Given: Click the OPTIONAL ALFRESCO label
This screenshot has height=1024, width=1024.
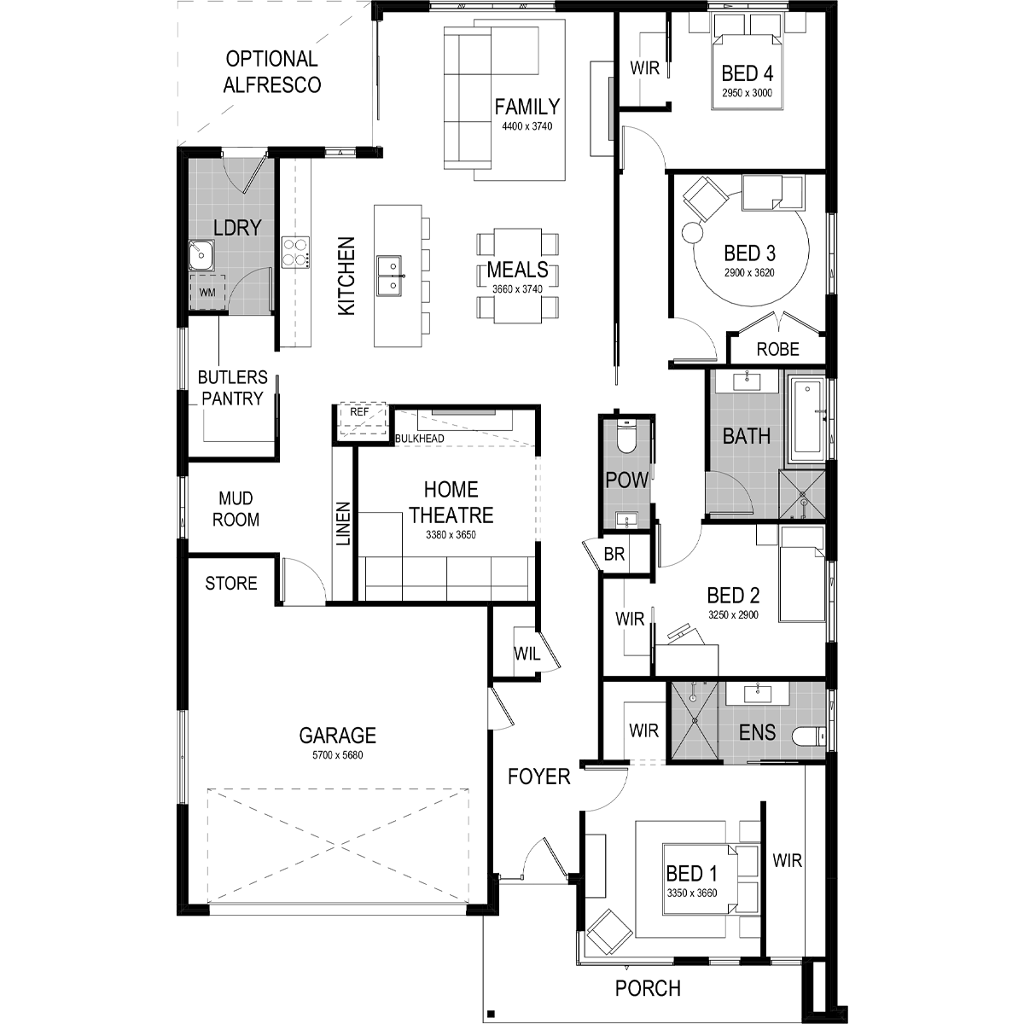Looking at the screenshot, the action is coord(271,72).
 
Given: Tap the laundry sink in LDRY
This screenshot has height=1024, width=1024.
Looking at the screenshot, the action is coord(201,255).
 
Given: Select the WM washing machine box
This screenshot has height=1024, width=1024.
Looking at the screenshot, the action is coord(207,292).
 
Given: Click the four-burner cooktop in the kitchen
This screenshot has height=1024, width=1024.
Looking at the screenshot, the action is coord(295,252).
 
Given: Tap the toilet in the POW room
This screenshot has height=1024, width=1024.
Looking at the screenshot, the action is coord(627,437).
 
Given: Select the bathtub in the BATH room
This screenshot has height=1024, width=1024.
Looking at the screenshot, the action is coord(807,419).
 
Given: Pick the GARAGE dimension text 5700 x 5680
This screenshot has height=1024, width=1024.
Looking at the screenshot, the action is coord(337,755).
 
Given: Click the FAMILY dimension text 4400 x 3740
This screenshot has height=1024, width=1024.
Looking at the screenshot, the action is coord(527,126).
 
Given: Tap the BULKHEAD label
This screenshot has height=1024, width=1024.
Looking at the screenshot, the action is coord(420,439).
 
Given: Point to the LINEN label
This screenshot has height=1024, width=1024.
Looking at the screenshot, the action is coord(343,523).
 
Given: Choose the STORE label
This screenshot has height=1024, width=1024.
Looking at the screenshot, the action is coord(231,584).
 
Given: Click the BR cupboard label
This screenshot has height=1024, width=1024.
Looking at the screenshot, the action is coord(614,555).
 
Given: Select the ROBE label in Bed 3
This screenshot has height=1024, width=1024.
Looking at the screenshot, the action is coord(778,349).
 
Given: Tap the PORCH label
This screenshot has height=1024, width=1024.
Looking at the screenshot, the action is coord(648,988).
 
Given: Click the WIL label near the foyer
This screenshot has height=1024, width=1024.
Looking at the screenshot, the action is coord(527,654).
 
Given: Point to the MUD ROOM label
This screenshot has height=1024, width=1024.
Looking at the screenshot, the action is coord(236,509).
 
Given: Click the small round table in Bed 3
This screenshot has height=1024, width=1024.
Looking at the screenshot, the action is coord(692,232).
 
